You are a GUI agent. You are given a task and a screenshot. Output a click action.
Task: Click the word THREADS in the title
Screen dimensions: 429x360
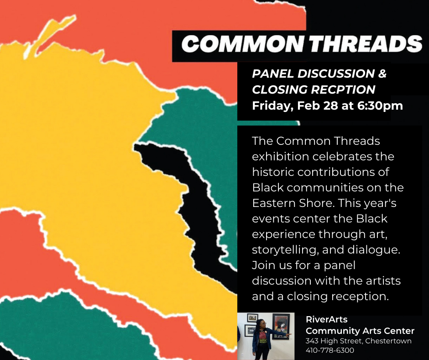[366, 44]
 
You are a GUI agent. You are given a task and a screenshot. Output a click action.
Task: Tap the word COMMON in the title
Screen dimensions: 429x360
[243, 44]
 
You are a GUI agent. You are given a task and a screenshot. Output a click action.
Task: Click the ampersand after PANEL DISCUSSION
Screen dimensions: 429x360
[382, 74]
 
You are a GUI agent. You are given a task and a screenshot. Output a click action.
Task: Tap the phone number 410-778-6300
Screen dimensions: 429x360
[330, 350]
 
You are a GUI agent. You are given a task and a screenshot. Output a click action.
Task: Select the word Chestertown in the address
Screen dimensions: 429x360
[388, 341]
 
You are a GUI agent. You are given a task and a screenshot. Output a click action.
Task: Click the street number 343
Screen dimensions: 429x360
[312, 341]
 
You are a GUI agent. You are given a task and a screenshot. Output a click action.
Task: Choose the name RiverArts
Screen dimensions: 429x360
[326, 319]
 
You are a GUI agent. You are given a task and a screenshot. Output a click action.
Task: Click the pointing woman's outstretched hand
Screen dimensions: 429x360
[289, 334]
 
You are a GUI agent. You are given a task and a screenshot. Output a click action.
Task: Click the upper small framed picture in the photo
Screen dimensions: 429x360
[252, 318]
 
